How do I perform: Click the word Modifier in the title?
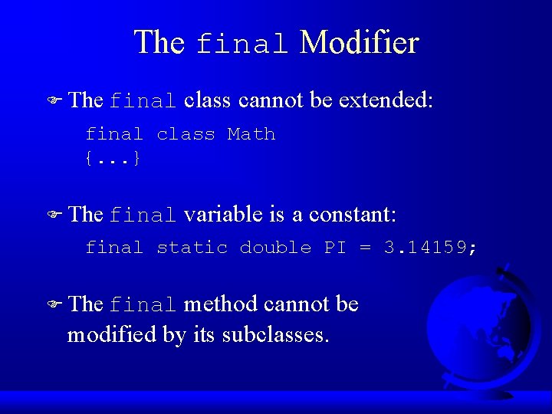tap(359, 42)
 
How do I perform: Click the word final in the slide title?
tap(242, 44)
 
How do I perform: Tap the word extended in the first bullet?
tap(386, 100)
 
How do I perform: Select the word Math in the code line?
tap(251, 135)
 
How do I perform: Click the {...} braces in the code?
tap(113, 159)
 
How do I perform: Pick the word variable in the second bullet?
tap(224, 215)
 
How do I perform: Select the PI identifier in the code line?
tap(334, 248)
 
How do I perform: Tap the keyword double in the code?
tap(275, 248)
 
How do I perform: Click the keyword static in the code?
tap(192, 248)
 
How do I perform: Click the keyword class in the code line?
tap(186, 135)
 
